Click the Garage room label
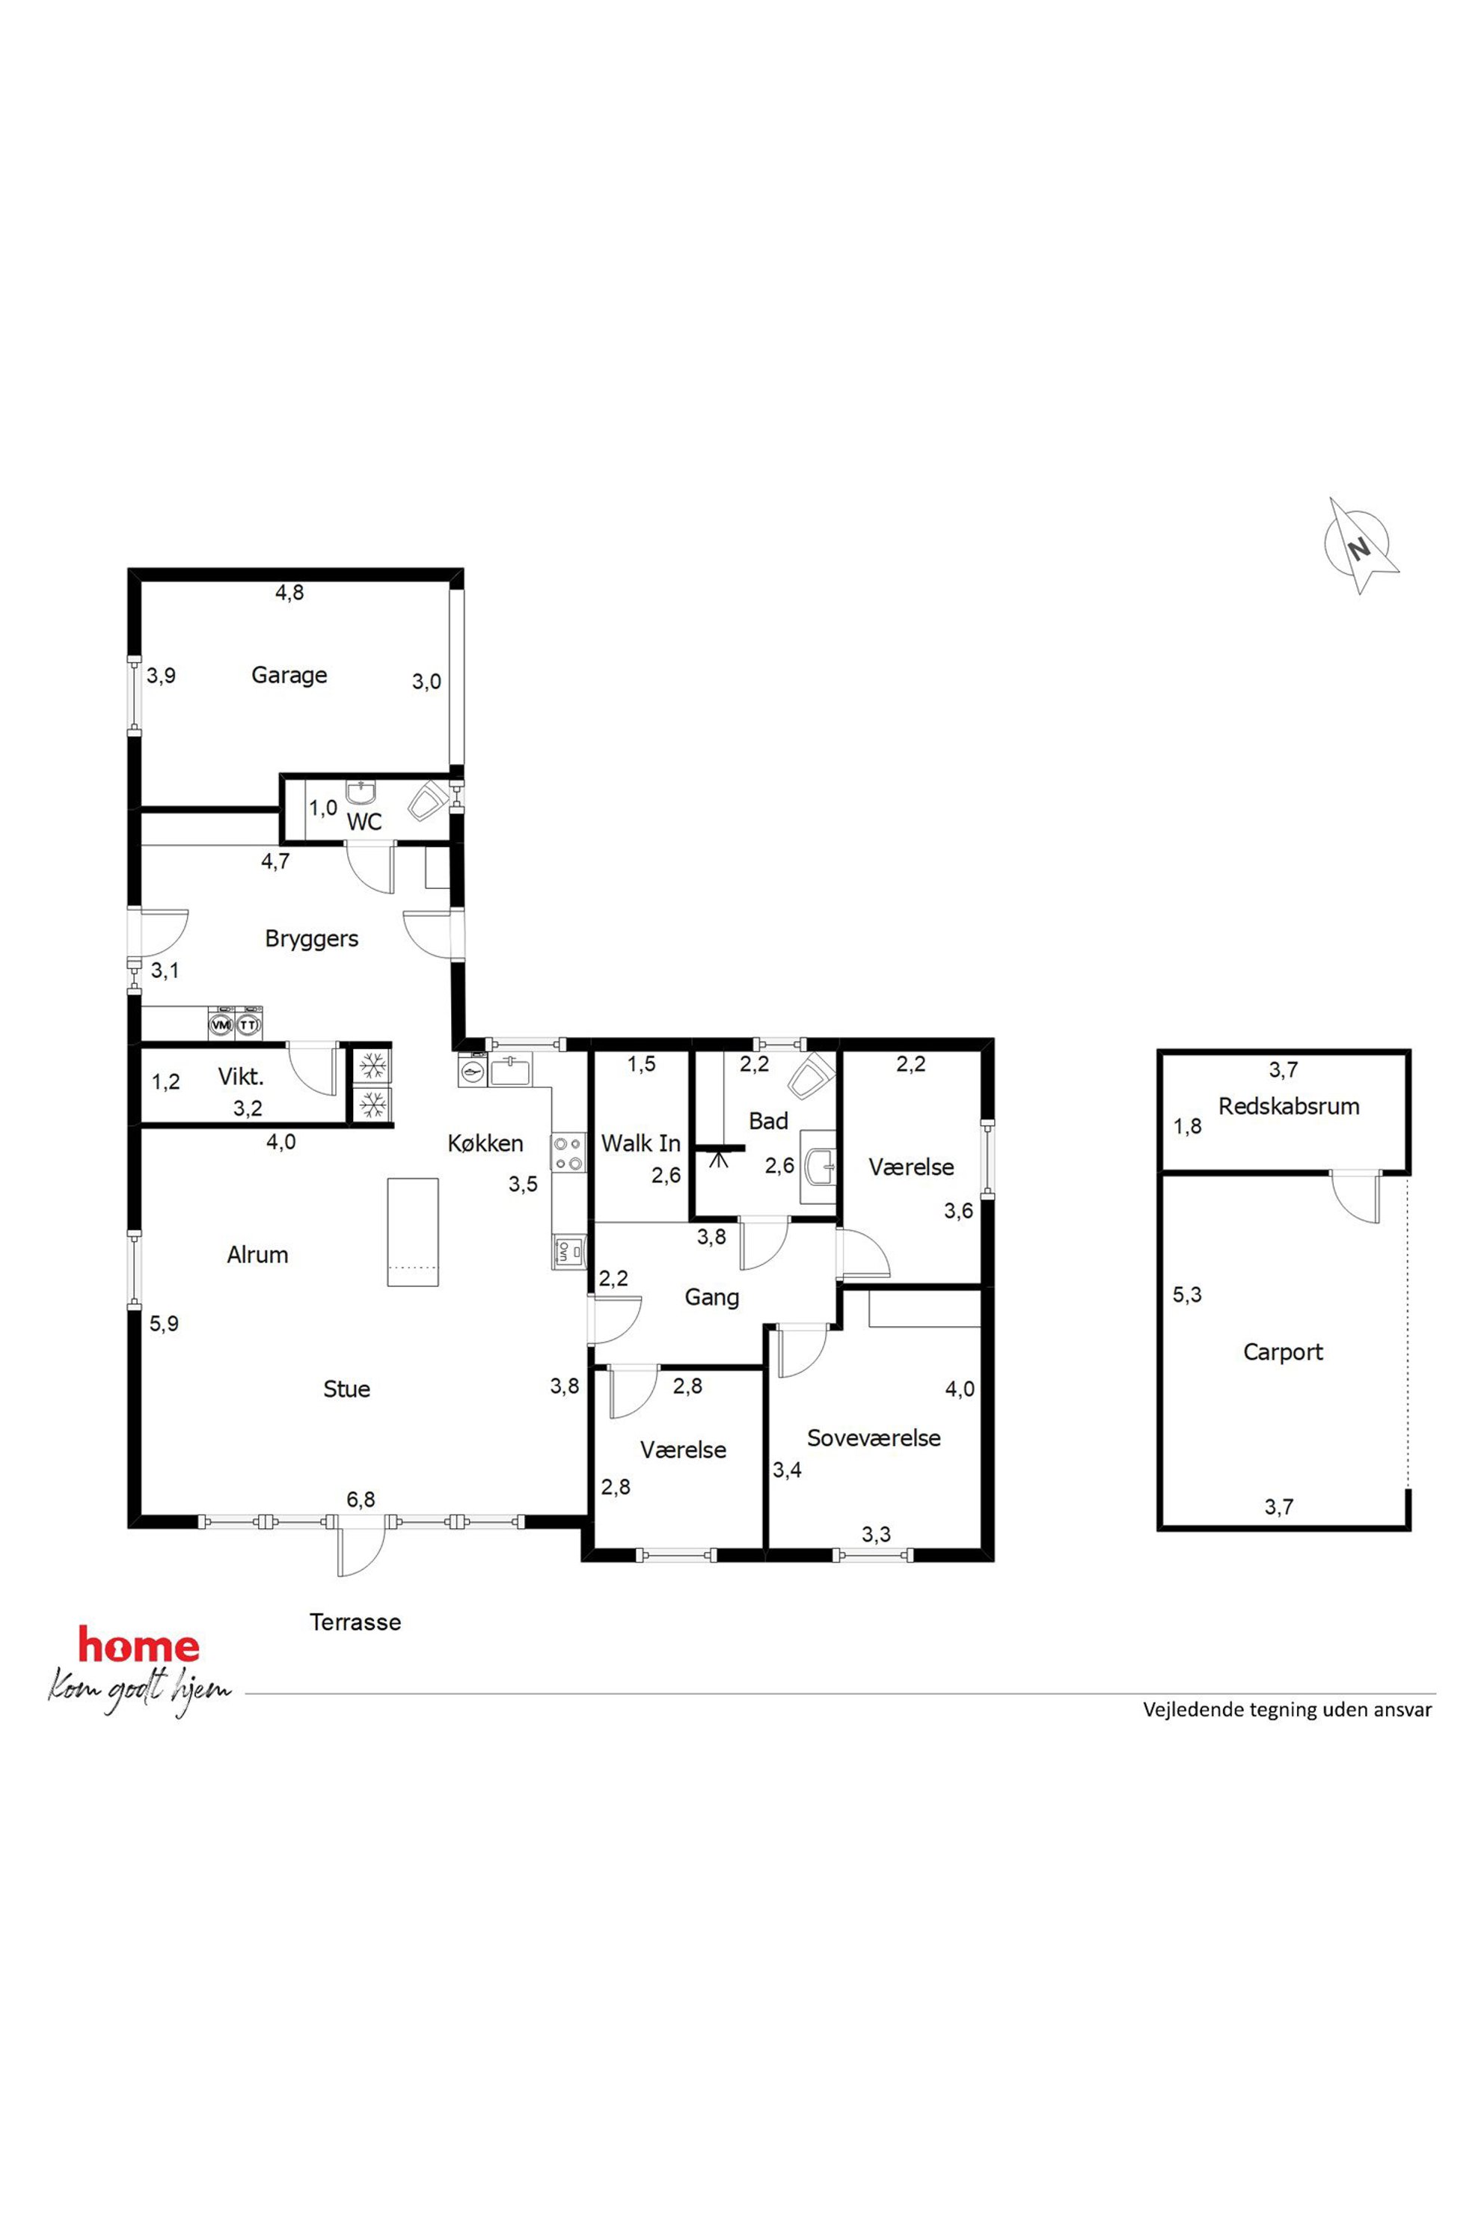[289, 675]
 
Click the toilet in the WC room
[428, 800]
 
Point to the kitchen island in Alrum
[413, 1232]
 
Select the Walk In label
[641, 1143]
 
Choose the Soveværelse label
[874, 1438]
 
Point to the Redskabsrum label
[1288, 1106]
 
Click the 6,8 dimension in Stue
[361, 1499]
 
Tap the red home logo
[139, 1646]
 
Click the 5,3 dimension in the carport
[1187, 1295]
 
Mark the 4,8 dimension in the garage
[289, 593]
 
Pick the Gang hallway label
[712, 1297]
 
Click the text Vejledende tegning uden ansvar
[1287, 1710]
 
